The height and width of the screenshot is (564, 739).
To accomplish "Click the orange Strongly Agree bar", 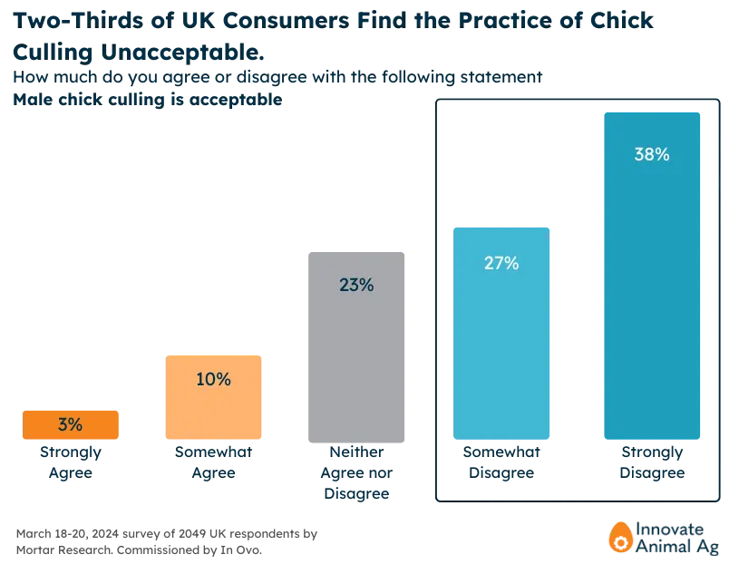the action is [71, 424].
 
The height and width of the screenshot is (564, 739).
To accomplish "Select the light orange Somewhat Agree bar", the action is [213, 397].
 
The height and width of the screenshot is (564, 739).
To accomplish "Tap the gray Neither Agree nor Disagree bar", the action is [356, 346].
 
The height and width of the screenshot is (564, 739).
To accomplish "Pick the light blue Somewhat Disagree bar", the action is [501, 333].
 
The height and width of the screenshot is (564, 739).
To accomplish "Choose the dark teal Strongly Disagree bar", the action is [652, 276].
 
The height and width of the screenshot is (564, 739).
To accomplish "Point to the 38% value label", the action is [652, 154].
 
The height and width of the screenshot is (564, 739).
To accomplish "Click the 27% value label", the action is [501, 263].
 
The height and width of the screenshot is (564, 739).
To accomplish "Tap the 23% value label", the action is [356, 285].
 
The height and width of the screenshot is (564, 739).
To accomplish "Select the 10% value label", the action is [213, 379].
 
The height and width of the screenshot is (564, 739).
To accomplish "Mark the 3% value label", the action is [70, 424].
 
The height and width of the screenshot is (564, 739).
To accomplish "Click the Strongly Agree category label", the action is [71, 462].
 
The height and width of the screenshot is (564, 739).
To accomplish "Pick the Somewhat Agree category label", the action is [213, 462].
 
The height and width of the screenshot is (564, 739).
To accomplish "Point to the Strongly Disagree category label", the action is [652, 462].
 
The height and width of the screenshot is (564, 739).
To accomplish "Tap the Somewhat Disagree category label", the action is [501, 462].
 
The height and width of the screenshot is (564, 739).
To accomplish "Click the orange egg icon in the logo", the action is [620, 537].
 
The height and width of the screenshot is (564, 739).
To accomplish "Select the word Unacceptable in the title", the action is [182, 52].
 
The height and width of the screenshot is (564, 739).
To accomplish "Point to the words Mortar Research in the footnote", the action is [64, 549].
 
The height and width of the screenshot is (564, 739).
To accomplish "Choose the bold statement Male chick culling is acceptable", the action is [148, 100].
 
